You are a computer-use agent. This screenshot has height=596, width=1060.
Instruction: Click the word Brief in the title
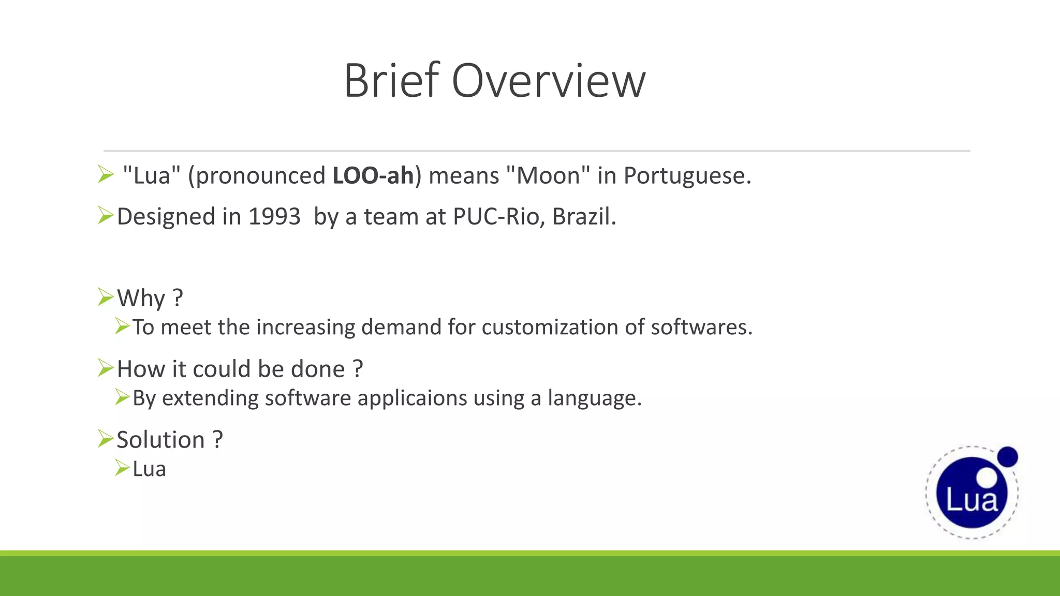point(392,81)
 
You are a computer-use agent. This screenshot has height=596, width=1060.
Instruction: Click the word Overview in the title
point(549,81)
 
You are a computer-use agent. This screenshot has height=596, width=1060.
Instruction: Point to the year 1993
point(274,216)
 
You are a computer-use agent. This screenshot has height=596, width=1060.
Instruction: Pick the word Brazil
point(583,216)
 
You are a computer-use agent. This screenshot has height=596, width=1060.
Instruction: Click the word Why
point(141,298)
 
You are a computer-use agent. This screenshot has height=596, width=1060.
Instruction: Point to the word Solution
point(161,440)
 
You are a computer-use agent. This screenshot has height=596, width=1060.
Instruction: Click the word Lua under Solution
point(149,469)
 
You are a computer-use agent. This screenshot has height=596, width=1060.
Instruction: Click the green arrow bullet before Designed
point(105,215)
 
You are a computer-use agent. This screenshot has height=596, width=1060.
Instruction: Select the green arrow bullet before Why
point(105,297)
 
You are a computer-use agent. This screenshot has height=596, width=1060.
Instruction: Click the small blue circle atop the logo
point(1007,457)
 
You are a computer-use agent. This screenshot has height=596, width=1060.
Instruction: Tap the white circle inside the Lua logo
point(987,478)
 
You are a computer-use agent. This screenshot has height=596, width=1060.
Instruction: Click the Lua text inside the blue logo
point(971,500)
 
